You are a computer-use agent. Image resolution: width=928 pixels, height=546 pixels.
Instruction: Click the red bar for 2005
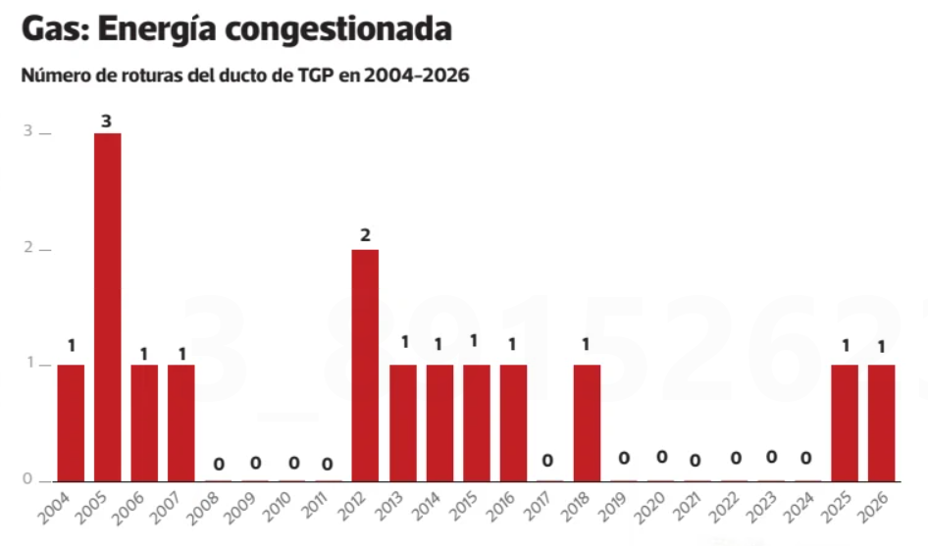tap(108, 306)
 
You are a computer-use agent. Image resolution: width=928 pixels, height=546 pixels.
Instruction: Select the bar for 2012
tap(365, 365)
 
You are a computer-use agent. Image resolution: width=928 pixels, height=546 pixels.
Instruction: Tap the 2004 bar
tap(71, 422)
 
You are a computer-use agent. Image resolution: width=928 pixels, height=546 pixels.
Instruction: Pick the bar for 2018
tap(587, 422)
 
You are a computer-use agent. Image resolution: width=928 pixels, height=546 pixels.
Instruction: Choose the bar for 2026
tap(882, 422)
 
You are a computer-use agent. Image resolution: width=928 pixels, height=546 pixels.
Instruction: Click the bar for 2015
tap(477, 422)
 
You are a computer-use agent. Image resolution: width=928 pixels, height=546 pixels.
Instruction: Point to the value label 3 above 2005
tap(107, 122)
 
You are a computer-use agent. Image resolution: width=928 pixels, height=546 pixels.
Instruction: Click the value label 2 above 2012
tap(365, 235)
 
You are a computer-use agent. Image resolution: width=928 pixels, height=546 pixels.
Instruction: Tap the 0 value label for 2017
tap(549, 461)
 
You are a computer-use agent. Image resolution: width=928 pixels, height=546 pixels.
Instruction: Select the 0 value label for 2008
tap(219, 463)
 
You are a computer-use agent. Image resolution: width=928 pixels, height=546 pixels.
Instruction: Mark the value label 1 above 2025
tap(845, 346)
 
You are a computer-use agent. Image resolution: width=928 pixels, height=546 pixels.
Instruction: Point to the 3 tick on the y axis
tap(28, 132)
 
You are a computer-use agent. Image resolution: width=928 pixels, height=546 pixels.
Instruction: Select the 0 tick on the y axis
tap(28, 480)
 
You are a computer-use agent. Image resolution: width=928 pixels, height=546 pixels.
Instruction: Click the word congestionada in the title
tap(337, 28)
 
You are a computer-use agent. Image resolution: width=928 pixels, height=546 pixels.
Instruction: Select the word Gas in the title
tap(53, 28)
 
